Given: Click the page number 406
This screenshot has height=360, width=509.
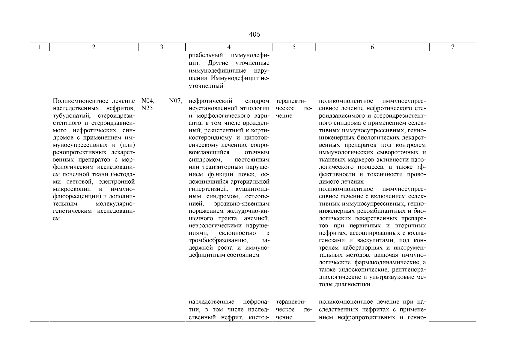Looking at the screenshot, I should tap(254, 34).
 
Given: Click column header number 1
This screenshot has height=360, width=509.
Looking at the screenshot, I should tap(40, 47).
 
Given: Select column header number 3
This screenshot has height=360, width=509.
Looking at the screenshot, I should tap(162, 47).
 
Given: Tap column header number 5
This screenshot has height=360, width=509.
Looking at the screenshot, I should tap(294, 47).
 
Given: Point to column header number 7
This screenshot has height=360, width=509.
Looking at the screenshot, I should tap(453, 47).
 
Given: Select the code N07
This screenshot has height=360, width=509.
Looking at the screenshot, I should tap(176, 101).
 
